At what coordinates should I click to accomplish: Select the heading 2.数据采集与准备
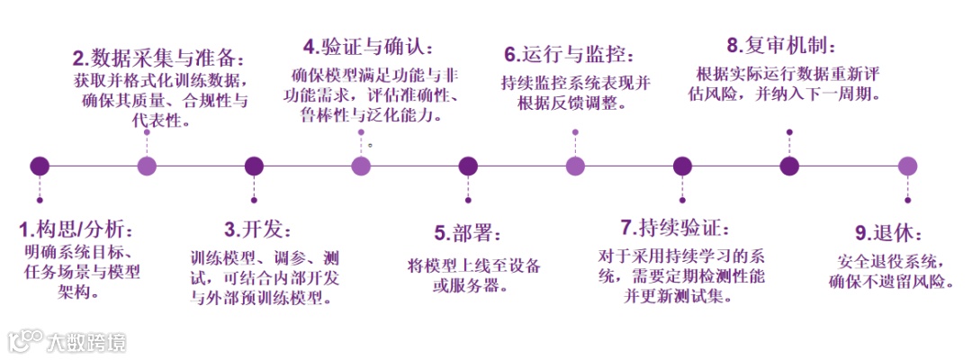[158, 59]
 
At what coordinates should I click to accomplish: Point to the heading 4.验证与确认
[369, 46]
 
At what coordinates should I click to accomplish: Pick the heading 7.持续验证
[675, 227]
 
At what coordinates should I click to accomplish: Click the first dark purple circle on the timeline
[40, 166]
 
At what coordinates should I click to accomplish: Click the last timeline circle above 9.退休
[907, 166]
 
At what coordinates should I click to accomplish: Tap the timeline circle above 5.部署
[468, 166]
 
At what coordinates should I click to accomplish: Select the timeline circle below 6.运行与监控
[575, 166]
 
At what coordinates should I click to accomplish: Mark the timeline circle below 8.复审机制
[789, 166]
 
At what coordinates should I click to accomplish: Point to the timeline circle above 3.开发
[254, 166]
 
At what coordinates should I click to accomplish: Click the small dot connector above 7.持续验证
[682, 199]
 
